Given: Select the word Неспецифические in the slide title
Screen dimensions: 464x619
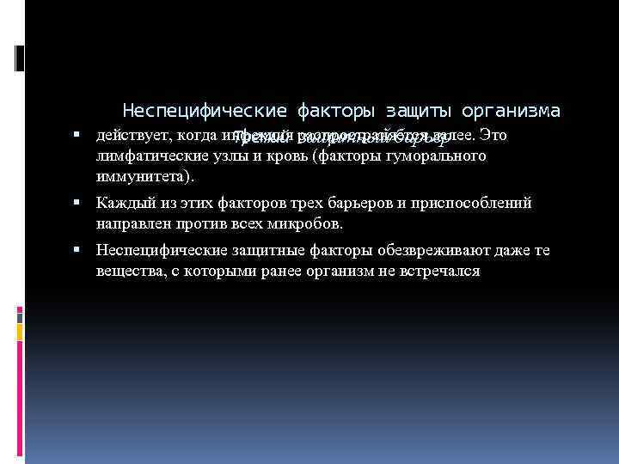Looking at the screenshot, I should coord(204,111).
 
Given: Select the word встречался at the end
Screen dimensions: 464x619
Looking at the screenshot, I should coord(438,272).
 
